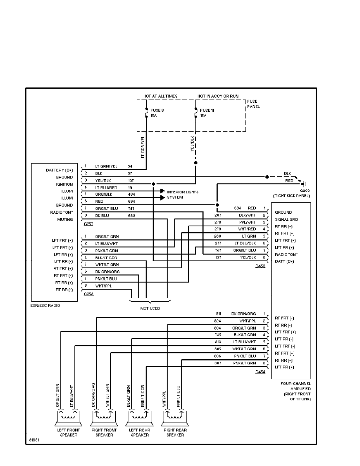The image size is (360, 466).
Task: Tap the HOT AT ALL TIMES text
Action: click(160, 96)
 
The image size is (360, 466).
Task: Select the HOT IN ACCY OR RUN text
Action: click(218, 96)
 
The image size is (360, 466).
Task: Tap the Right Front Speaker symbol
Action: click(102, 419)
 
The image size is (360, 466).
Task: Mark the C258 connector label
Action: click(89, 294)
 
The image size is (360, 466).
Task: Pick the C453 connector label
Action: click(260, 266)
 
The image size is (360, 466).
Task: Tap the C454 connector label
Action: click(260, 371)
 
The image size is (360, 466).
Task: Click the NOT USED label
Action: click(150, 308)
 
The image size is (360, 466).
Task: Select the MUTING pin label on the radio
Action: click(65, 219)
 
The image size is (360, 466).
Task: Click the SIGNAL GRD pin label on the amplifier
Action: click(286, 220)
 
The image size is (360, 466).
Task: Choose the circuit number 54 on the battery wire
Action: click(130, 166)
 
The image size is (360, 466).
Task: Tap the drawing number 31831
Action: click(34, 439)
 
